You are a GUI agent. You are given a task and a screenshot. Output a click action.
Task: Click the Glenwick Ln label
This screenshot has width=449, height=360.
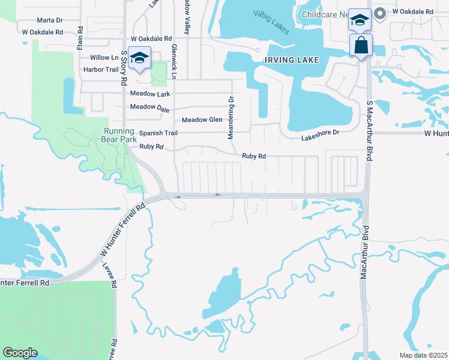[174, 62]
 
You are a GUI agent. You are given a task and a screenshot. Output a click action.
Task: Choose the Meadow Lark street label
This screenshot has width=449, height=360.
[150, 94]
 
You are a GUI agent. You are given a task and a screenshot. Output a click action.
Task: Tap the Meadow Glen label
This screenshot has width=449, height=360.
[202, 120]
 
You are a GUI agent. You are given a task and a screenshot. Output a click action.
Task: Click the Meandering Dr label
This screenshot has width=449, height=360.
[231, 116]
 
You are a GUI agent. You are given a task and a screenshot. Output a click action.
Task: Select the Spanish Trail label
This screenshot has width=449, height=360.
[158, 133]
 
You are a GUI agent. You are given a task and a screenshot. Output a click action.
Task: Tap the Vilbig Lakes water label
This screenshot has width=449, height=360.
[271, 22]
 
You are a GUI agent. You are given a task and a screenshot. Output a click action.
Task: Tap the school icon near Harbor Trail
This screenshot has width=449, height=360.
[140, 58]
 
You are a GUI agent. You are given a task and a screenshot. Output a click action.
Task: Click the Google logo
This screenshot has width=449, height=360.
[20, 353]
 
